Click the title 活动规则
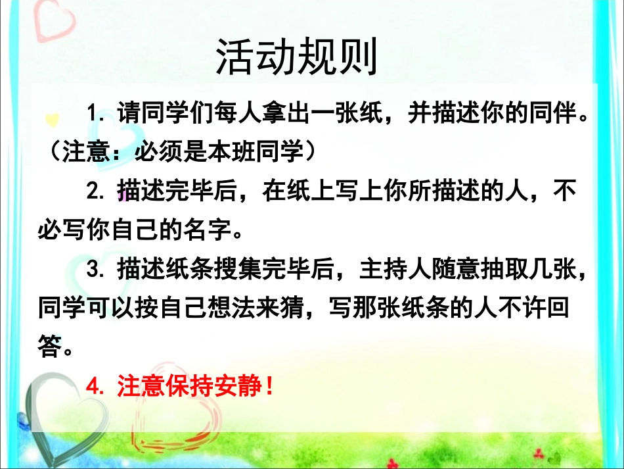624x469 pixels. pyautogui.click(x=297, y=58)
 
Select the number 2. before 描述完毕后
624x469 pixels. pyautogui.click(x=98, y=191)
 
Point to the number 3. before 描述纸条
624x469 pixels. pyautogui.click(x=98, y=269)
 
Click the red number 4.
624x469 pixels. pyautogui.click(x=98, y=386)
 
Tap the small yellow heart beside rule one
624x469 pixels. pyautogui.click(x=52, y=119)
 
